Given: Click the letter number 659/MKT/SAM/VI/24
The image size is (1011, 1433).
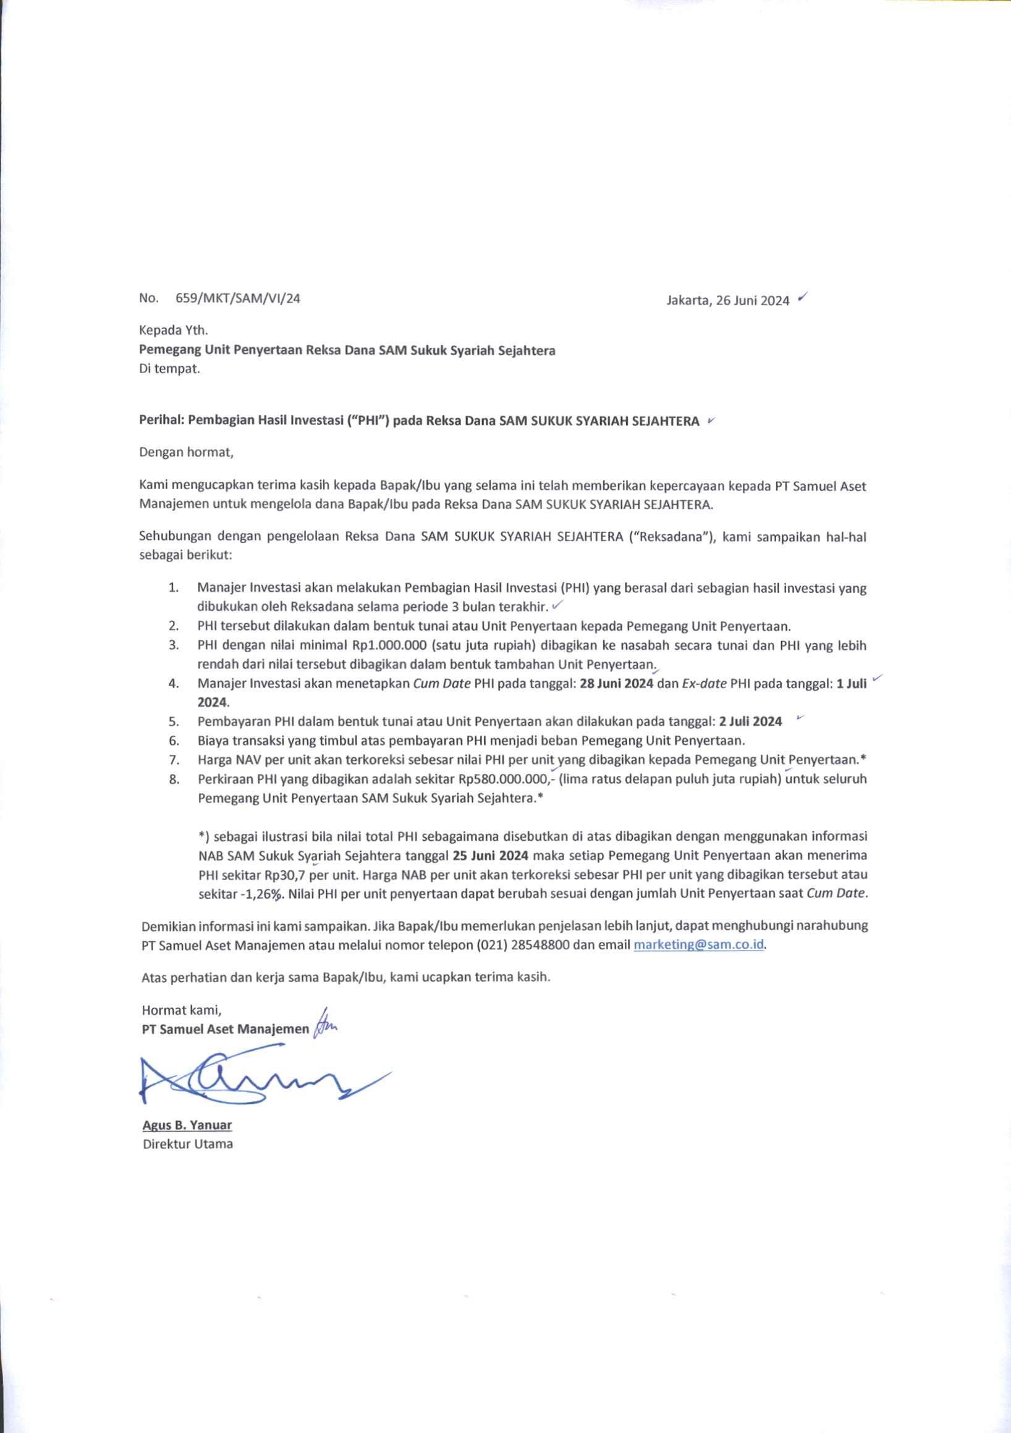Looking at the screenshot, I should pos(238,298).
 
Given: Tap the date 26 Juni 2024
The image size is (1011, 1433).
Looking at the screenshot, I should pos(753,300).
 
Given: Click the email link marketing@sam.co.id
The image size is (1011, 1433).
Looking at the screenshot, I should pos(699,944).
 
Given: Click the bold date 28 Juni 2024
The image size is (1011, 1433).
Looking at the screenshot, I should pos(616,683).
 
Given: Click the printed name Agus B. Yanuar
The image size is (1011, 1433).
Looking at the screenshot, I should pos(187,1125).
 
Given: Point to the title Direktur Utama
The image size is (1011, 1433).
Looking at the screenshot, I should pos(188,1144).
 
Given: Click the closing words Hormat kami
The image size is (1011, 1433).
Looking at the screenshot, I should pos(182,1009).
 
